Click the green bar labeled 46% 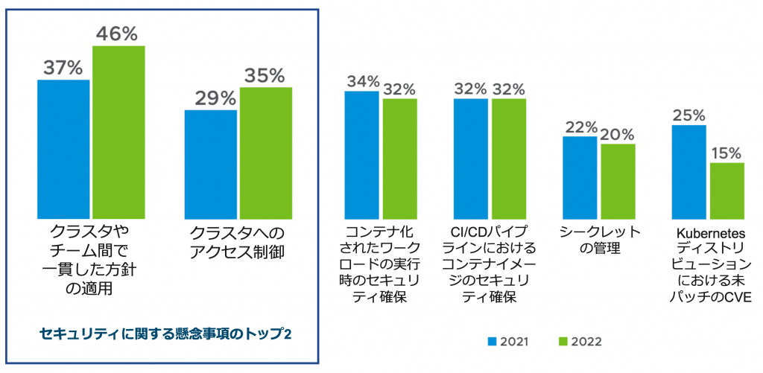(x=118, y=130)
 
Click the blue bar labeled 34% (x=361, y=153)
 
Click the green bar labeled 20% (x=618, y=179)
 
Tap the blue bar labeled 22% (x=580, y=175)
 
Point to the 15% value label (x=726, y=153)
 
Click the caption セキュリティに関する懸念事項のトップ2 (x=165, y=333)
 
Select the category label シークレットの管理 (x=599, y=239)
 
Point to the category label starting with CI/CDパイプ (x=490, y=264)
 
